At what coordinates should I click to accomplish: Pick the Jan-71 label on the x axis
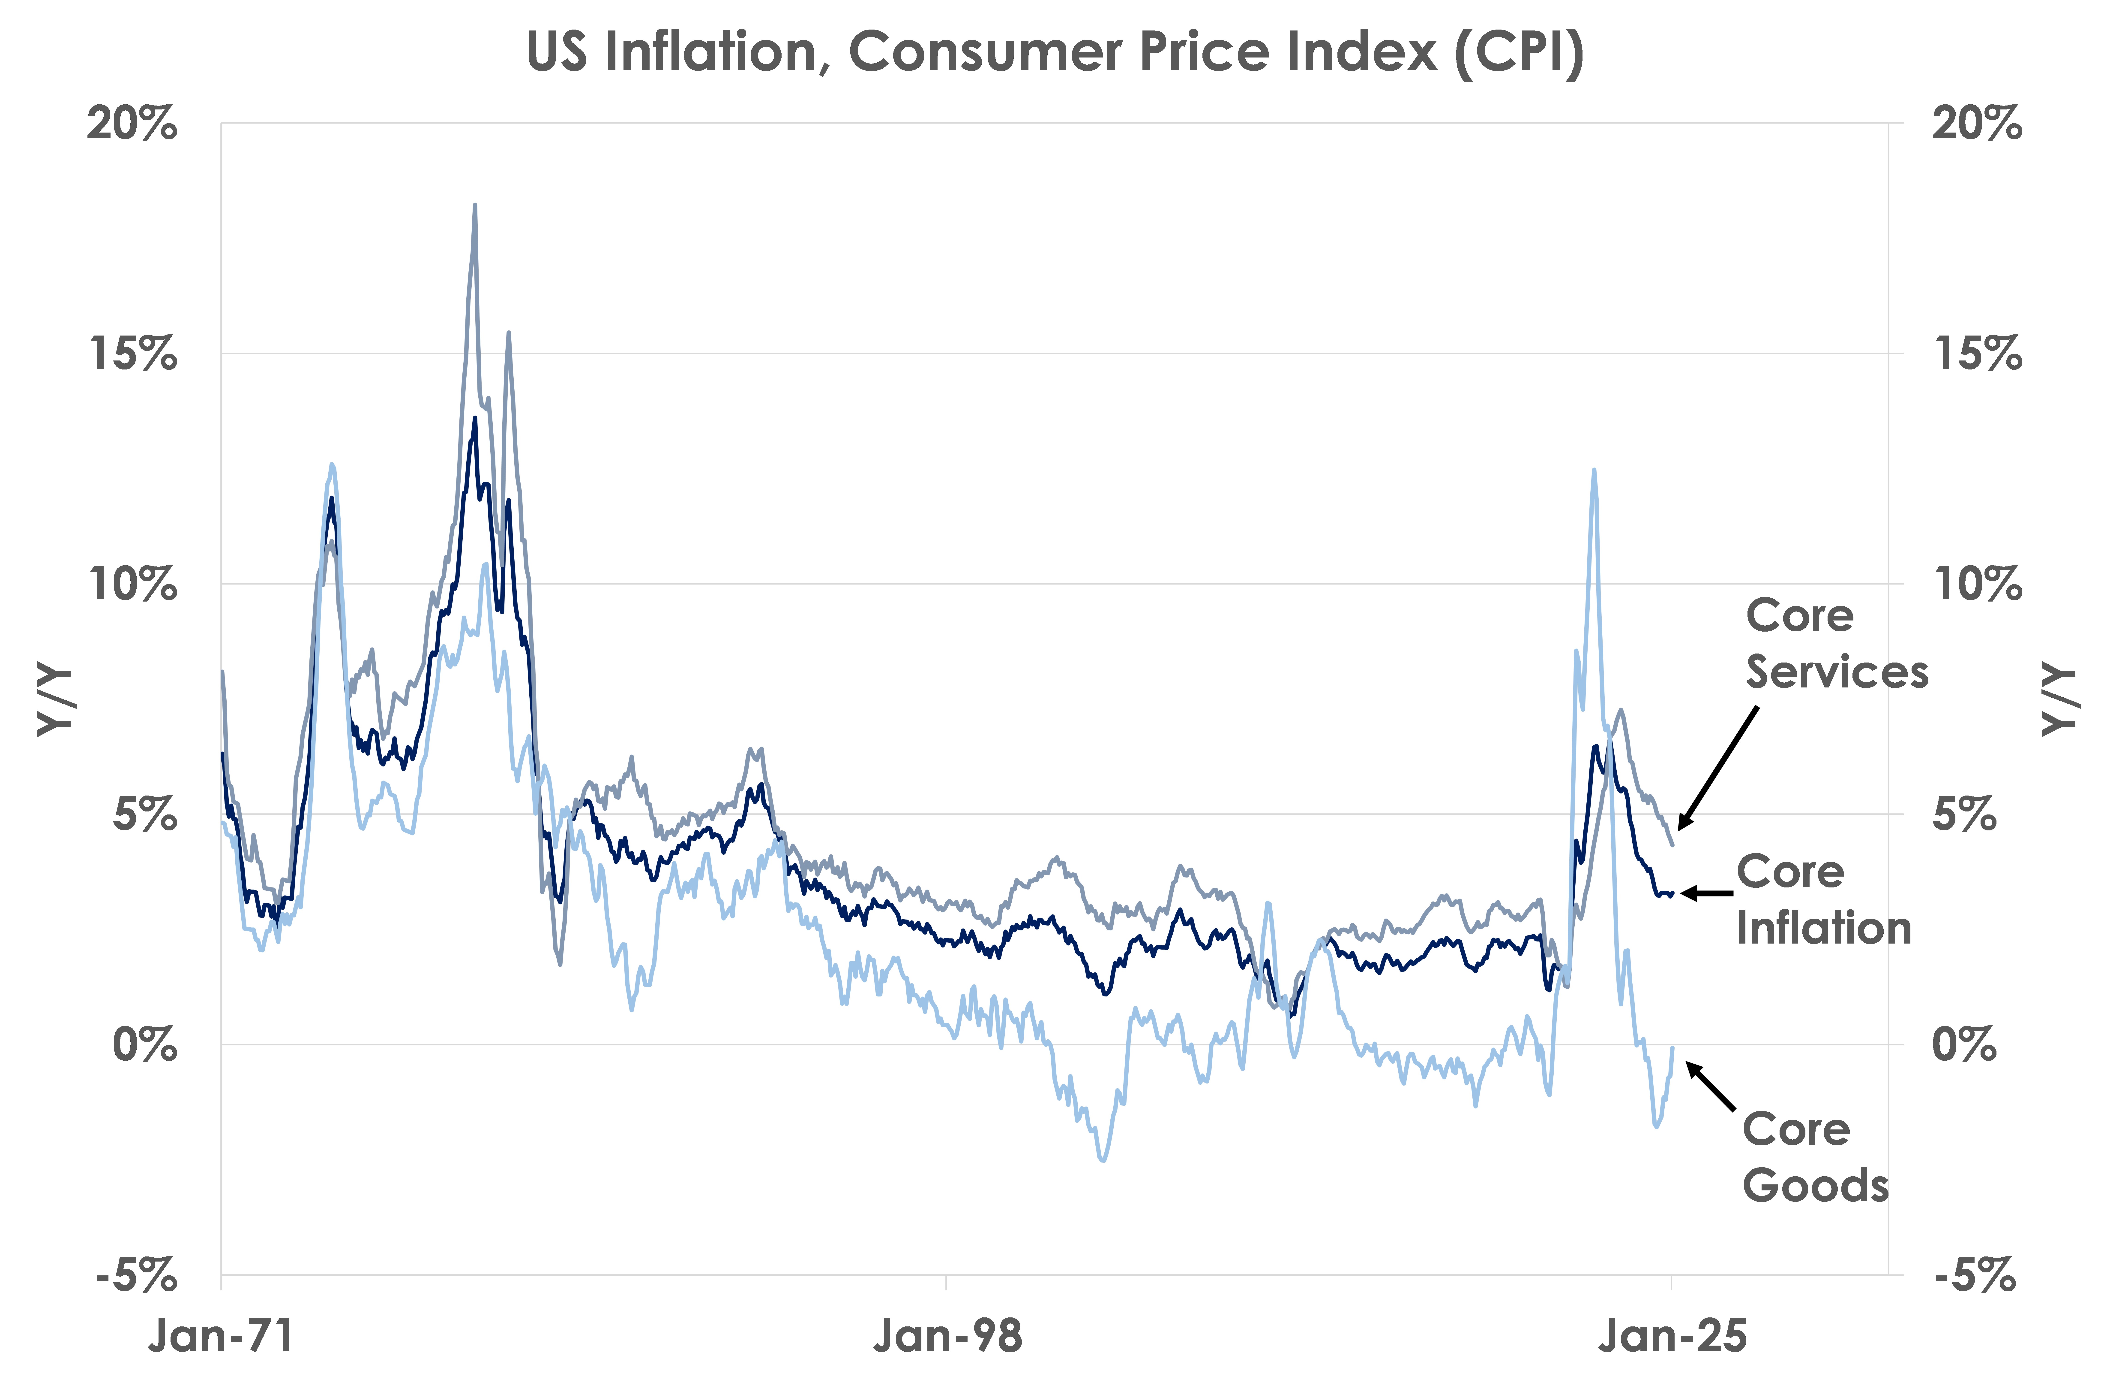221,1335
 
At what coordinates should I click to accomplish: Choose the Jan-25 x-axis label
1672,1335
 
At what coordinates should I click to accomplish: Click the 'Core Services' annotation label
1837,643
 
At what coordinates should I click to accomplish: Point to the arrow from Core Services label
1718,768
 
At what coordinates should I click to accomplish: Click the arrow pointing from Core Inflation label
1707,893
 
